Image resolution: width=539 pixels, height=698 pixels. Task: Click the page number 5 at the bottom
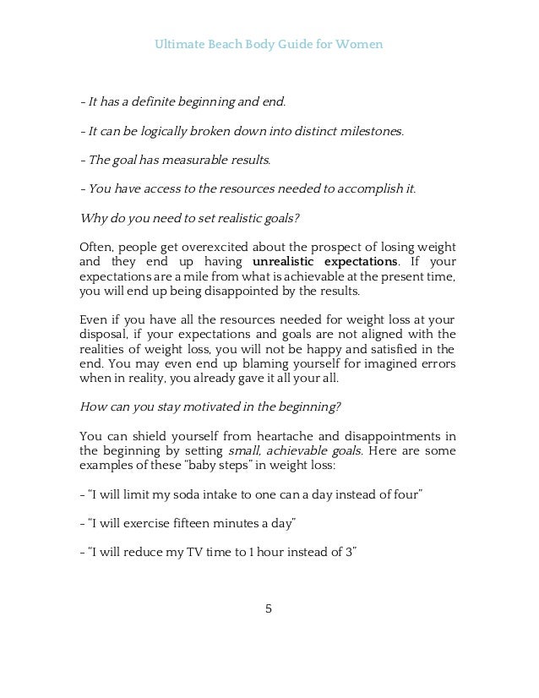[x=269, y=608]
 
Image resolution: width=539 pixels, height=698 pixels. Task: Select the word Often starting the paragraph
[x=95, y=247]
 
